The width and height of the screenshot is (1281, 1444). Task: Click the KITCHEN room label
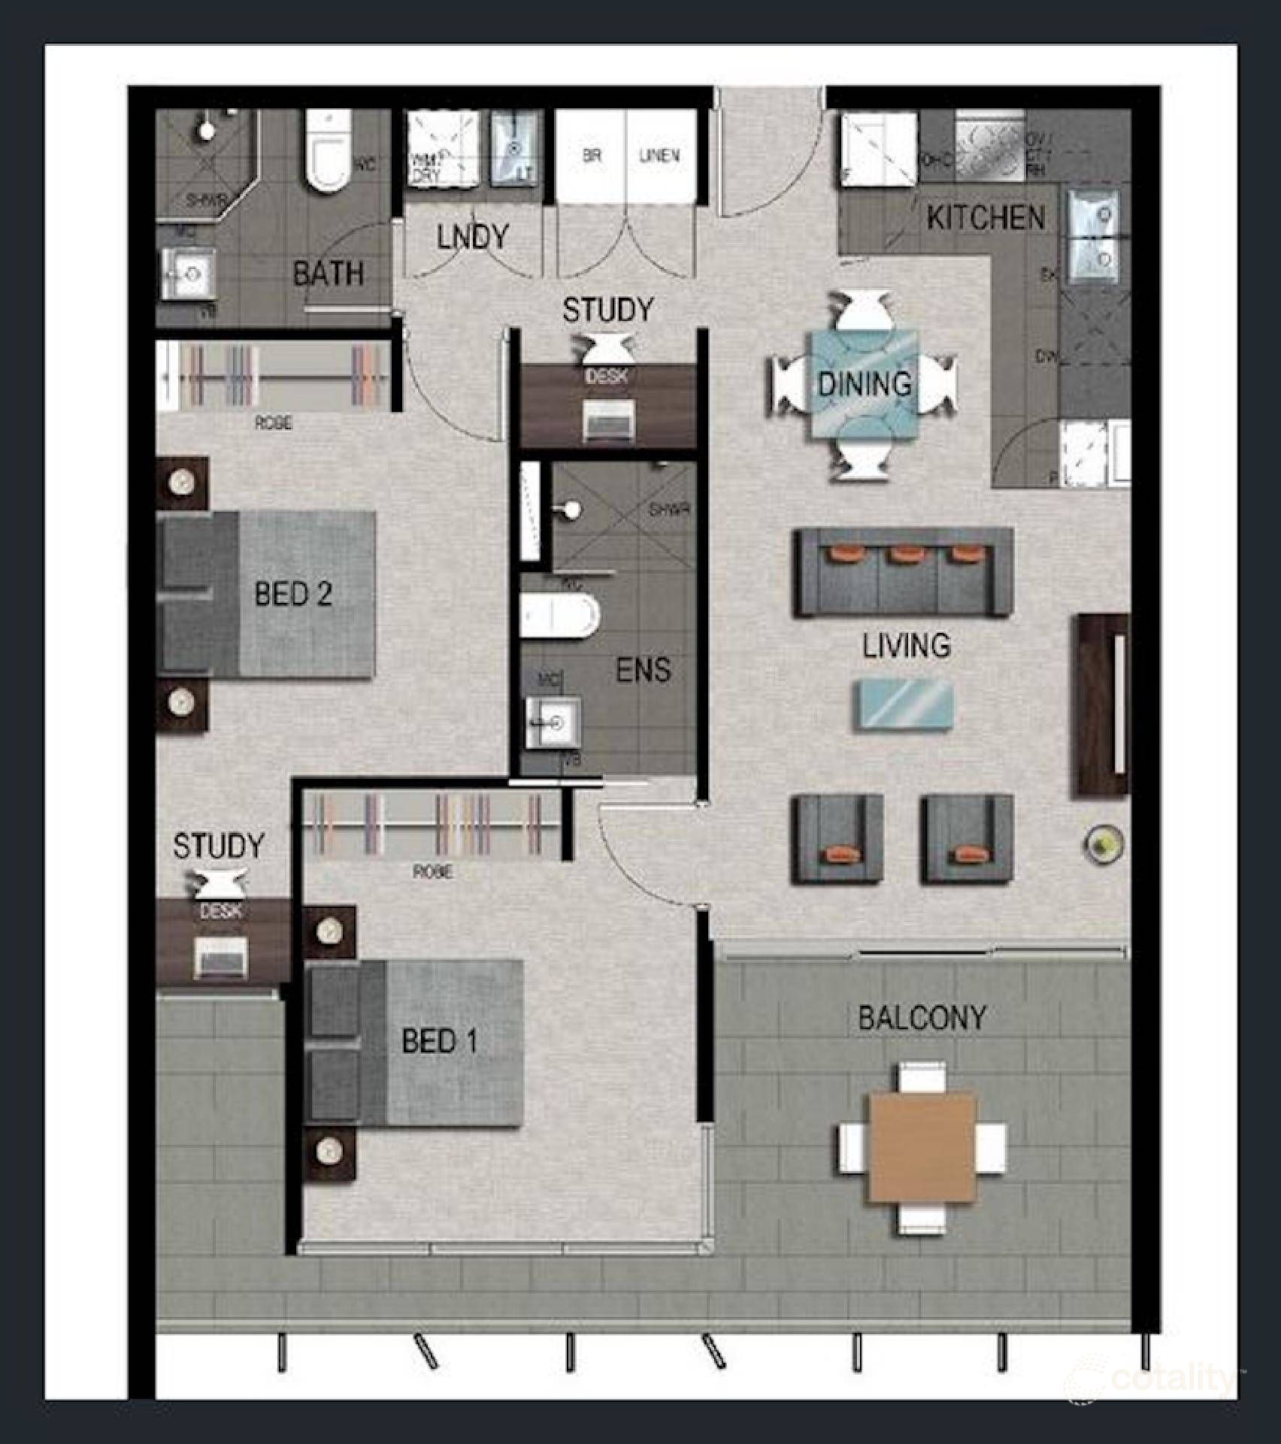point(986,218)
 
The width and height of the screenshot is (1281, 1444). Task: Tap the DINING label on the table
point(865,384)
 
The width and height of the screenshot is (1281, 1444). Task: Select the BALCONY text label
point(922,1018)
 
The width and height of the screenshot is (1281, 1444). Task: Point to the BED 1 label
point(440,1041)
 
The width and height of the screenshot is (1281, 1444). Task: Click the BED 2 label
point(293,594)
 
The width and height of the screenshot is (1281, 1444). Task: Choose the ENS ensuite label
point(644,670)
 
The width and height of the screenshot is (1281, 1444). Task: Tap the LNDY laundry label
point(473,238)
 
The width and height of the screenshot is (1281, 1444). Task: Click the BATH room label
point(329,274)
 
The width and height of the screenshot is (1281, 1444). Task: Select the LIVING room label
point(907,646)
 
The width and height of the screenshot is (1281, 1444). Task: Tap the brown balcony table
point(922,1147)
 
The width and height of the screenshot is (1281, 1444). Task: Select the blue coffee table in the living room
point(904,704)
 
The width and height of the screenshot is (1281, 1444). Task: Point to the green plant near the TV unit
point(1103,843)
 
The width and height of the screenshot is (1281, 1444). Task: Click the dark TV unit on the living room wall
point(1103,704)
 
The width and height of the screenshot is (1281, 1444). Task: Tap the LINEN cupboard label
point(659,156)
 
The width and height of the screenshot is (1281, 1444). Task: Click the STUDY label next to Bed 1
point(219,846)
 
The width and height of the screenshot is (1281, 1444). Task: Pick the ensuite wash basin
point(553,723)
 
